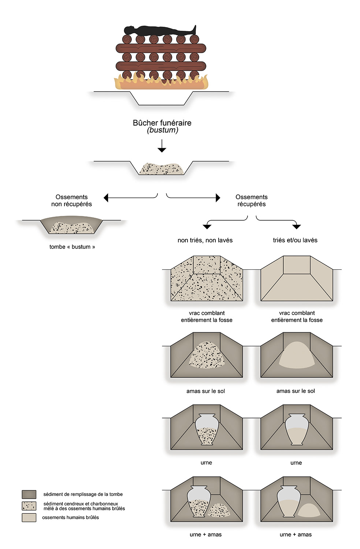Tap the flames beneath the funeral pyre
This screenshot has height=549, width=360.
[x=161, y=83]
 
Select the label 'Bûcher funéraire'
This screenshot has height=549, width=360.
[x=162, y=123]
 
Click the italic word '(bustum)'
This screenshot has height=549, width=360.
[x=162, y=130]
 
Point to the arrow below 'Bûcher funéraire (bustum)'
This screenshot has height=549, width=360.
[x=162, y=146]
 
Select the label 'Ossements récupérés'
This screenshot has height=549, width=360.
[x=252, y=200]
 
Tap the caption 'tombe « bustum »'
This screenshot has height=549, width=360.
[x=72, y=247]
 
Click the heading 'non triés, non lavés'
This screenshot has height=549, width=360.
[x=205, y=240]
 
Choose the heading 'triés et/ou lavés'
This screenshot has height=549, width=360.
[x=295, y=240]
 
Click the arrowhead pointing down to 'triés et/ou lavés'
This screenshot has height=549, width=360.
[x=297, y=227]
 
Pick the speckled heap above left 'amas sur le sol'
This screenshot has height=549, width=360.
[x=207, y=355]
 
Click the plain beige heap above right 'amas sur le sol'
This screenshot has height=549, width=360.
[x=297, y=355]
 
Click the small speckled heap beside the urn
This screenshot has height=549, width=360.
[x=219, y=509]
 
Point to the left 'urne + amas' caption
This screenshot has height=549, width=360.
[x=205, y=534]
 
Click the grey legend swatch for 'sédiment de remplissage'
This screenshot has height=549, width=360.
[x=29, y=494]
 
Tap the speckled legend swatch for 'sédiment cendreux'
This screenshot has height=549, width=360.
[x=29, y=506]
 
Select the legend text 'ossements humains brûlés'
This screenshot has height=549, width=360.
[x=71, y=518]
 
